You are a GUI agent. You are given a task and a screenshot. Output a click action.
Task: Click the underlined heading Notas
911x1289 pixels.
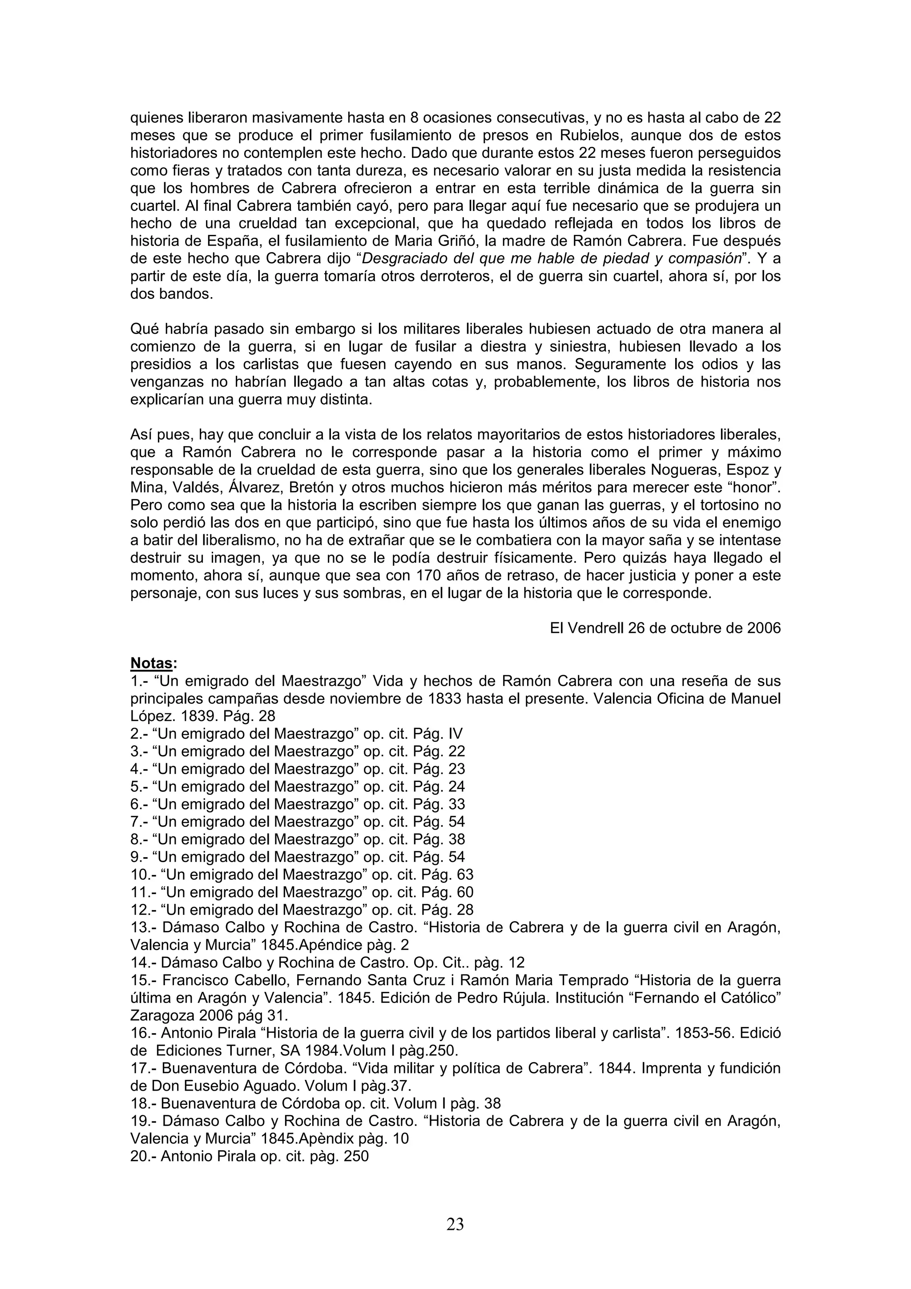[152, 664]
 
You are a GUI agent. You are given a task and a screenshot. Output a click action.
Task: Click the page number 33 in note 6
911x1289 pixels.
[456, 805]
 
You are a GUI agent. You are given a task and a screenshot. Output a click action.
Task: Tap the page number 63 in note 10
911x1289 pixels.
[465, 874]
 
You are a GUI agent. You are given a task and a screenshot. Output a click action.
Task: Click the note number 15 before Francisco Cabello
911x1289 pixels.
[140, 980]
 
